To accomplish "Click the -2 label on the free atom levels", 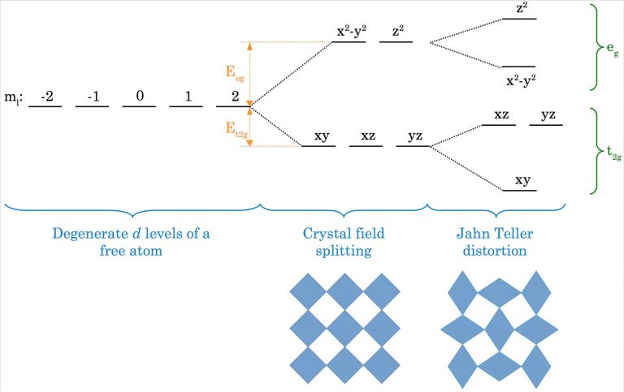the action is point(47,97).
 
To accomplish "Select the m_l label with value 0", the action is point(139,96).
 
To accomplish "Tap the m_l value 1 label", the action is point(188,97).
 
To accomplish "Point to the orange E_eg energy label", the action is point(235,73).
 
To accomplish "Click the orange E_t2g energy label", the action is point(236,130).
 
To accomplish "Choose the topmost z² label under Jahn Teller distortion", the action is point(522,8).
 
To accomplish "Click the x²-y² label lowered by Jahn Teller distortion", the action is point(521,80).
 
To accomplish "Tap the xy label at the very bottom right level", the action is point(522,180).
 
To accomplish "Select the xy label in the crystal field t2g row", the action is point(322,136).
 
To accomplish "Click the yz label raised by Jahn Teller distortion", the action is point(548,115).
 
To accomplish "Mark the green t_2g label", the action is point(613,153).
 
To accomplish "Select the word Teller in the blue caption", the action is point(513,234).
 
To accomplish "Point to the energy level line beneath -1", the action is point(92,106).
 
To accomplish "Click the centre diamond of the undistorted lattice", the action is point(344,329).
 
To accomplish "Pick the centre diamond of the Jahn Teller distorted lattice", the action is point(500,330).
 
